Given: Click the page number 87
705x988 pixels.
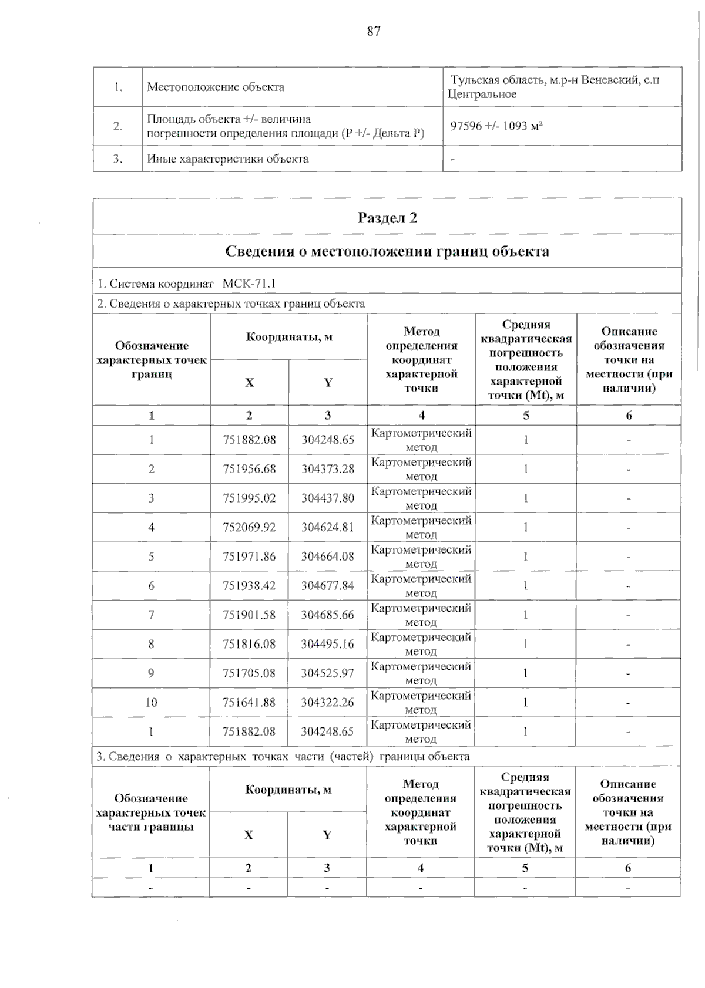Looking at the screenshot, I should click(x=374, y=32).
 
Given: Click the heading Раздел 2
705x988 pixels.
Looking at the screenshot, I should click(x=387, y=218).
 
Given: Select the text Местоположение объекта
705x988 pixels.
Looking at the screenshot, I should click(x=216, y=87).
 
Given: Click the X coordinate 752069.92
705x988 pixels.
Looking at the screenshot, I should click(x=249, y=527).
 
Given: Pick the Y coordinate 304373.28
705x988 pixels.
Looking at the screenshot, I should click(x=328, y=468).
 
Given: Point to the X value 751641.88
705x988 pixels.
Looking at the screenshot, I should click(x=249, y=702).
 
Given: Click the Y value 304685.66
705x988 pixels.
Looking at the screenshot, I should click(x=328, y=615).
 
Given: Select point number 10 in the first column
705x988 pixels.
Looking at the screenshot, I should click(x=151, y=702).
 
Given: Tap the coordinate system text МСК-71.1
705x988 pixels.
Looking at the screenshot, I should click(x=249, y=284).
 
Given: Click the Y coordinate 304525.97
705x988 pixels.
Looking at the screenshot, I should click(x=328, y=673).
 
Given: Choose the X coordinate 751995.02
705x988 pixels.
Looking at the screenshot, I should click(x=249, y=498).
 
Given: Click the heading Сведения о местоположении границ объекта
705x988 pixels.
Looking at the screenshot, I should click(x=387, y=251).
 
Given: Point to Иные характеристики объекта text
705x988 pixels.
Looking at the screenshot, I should click(x=227, y=159).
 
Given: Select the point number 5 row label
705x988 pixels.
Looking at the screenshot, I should click(x=151, y=556).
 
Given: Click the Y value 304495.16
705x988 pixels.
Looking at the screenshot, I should click(x=328, y=644).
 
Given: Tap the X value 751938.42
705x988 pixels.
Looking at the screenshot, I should click(x=249, y=585).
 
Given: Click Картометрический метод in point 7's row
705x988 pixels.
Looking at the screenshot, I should click(x=421, y=615).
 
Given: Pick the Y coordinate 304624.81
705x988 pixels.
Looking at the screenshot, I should click(x=328, y=527).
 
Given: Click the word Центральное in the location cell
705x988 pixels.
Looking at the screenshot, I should click(x=474, y=94).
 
